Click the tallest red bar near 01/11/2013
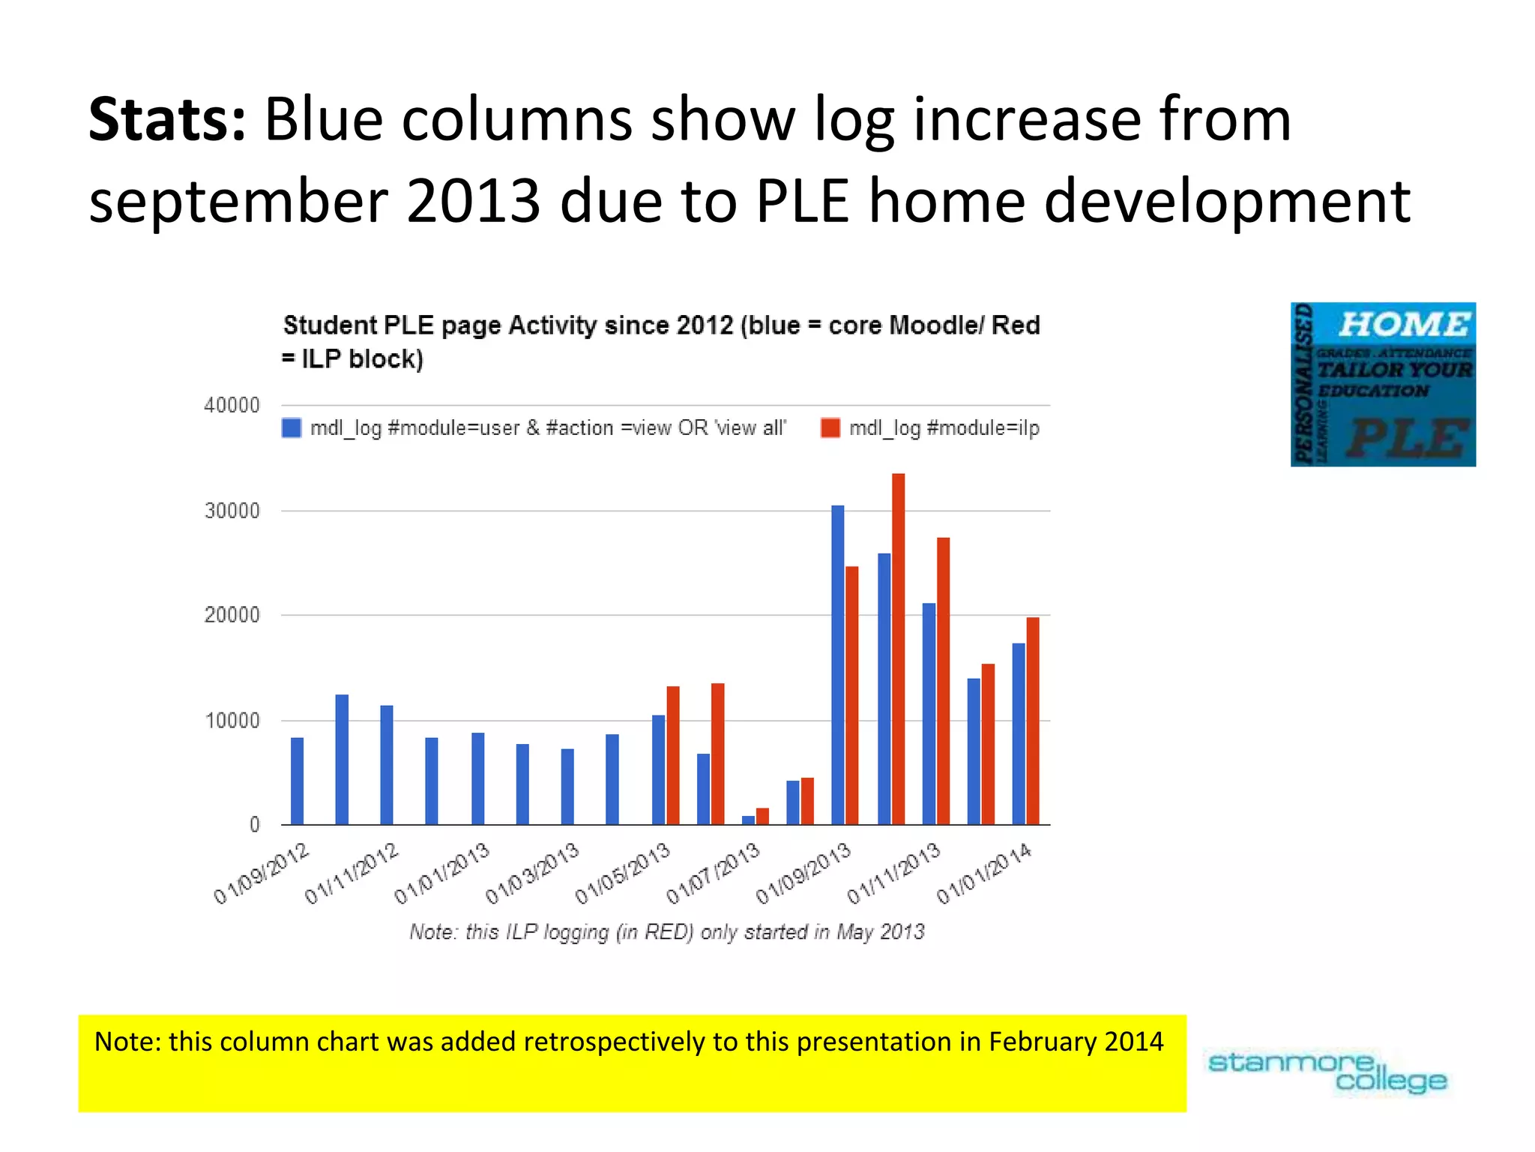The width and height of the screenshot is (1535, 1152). (x=898, y=649)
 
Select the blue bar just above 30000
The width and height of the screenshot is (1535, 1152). (x=837, y=664)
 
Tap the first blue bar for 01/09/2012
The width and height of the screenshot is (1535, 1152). (x=297, y=781)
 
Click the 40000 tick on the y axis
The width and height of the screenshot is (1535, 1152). (x=232, y=406)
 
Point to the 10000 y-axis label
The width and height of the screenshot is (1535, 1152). (x=232, y=721)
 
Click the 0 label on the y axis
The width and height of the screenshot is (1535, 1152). (x=254, y=825)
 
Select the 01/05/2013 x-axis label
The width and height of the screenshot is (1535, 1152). (x=622, y=874)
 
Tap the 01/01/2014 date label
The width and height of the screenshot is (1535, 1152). (x=983, y=874)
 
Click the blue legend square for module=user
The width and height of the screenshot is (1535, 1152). (x=292, y=428)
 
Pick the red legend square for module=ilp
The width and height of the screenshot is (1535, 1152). (x=830, y=428)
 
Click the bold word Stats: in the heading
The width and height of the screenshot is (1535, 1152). (x=167, y=120)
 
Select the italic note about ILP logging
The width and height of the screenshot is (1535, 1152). (x=666, y=932)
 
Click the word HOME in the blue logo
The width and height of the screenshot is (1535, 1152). (x=1404, y=325)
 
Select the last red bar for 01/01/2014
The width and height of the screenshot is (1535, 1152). (x=1033, y=721)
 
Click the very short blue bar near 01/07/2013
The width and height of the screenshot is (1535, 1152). (x=748, y=820)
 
